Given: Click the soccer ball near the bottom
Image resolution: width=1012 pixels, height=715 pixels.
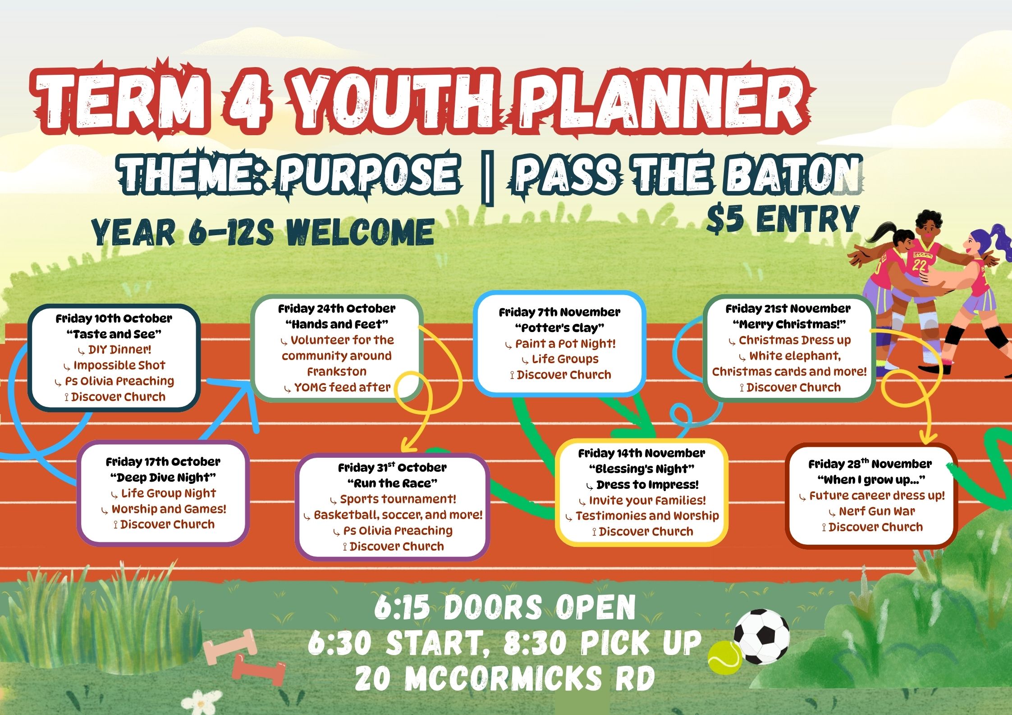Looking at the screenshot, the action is pyautogui.click(x=761, y=637).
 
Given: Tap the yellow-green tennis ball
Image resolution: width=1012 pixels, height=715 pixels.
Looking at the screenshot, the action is pyautogui.click(x=724, y=657).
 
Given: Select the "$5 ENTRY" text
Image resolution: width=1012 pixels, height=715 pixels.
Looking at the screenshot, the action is pyautogui.click(x=783, y=219).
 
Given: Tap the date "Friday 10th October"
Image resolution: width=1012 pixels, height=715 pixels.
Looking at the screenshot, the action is pyautogui.click(x=114, y=319).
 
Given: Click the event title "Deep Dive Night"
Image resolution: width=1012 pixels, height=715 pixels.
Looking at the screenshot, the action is pyautogui.click(x=163, y=477).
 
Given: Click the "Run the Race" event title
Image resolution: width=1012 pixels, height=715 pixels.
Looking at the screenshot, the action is pyautogui.click(x=392, y=483).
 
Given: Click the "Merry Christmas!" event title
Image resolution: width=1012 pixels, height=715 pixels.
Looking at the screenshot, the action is pyautogui.click(x=789, y=324).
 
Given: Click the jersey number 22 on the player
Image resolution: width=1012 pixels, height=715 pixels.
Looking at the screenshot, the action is pyautogui.click(x=919, y=264).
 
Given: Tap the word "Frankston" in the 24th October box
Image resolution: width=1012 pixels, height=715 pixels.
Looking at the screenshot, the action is pyautogui.click(x=337, y=372).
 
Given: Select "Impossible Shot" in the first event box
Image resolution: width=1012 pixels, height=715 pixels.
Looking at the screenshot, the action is pyautogui.click(x=119, y=365).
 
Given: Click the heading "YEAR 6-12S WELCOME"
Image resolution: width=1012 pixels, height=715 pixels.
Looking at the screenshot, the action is pyautogui.click(x=263, y=232).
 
